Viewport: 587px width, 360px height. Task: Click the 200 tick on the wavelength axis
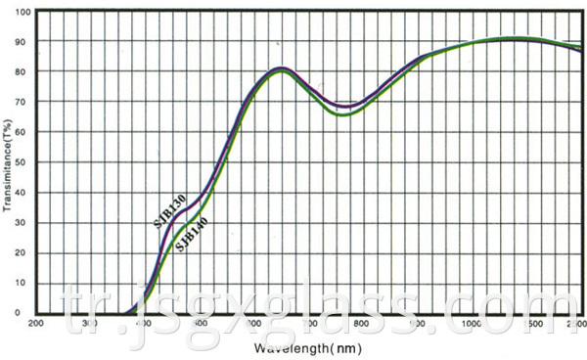[x=36, y=323]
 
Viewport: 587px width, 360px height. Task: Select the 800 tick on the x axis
[x=360, y=323]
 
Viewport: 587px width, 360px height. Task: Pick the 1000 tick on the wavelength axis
[x=473, y=323]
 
